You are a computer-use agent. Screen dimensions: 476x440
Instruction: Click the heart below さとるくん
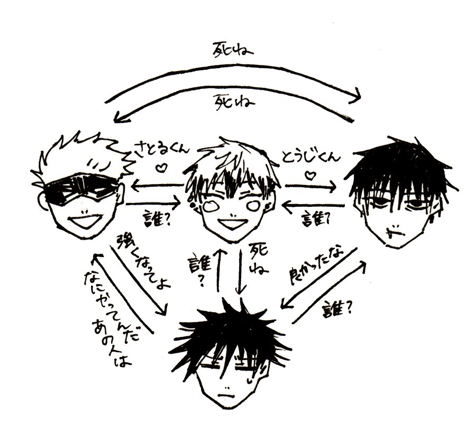(x=162, y=169)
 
